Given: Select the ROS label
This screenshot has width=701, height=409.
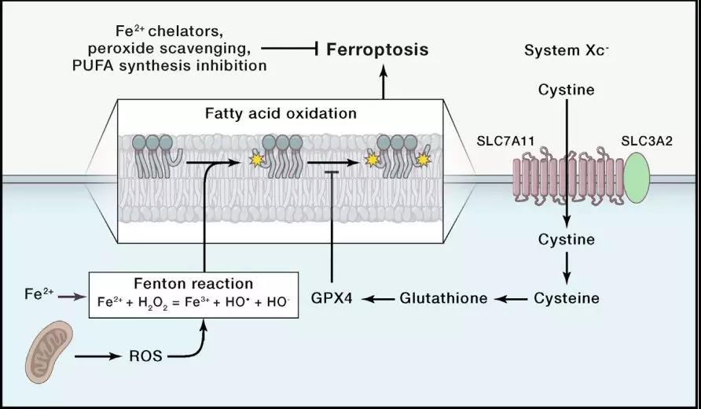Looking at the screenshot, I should click(145, 356).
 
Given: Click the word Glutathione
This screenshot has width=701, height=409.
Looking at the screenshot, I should click(443, 298).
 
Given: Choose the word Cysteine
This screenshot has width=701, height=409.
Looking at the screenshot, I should click(567, 298).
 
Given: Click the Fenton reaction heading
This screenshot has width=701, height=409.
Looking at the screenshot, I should click(193, 283).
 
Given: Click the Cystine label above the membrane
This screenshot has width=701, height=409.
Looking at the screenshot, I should click(566, 90).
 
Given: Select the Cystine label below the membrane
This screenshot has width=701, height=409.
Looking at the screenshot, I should click(566, 238).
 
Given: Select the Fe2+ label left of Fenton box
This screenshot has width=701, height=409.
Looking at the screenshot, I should click(39, 295).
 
